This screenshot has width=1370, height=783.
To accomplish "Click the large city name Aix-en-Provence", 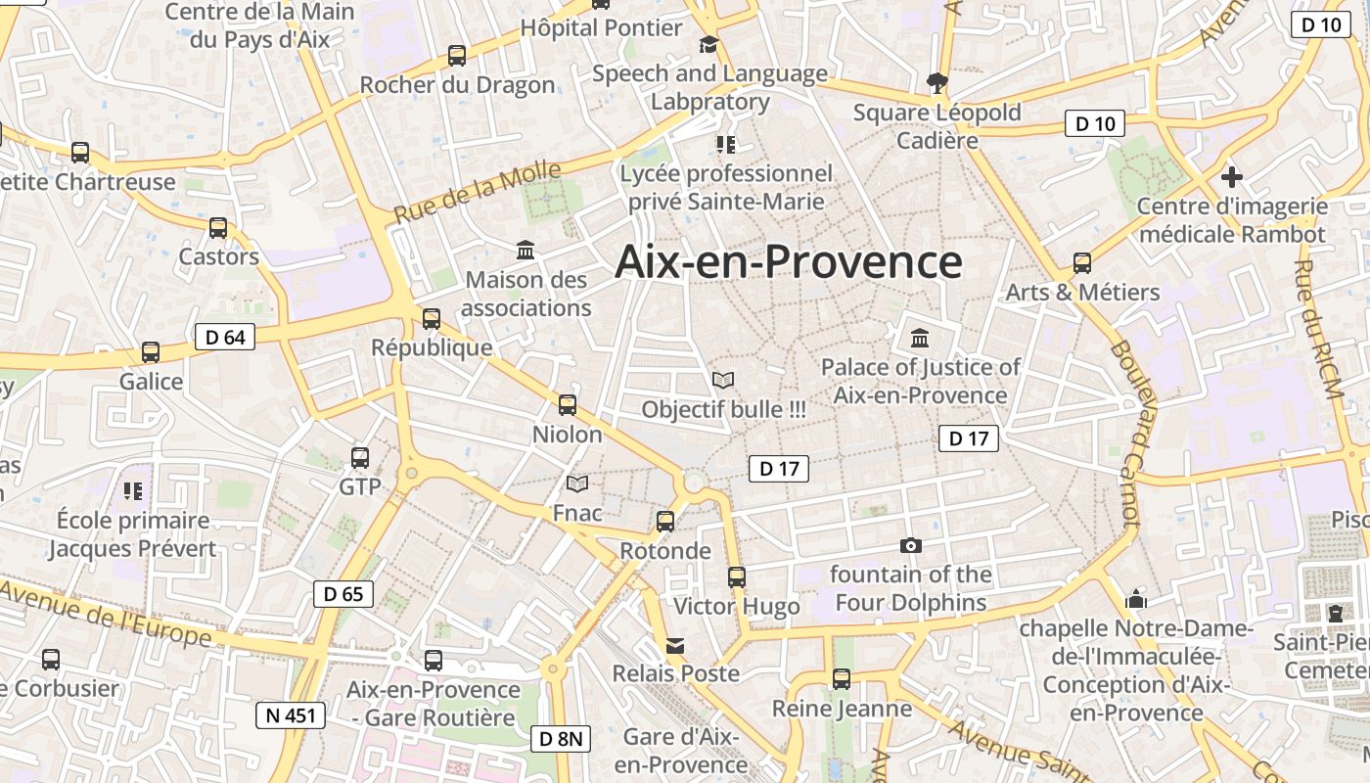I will pyautogui.click(x=789, y=262).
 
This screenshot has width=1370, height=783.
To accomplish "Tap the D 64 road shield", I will pyautogui.click(x=225, y=338).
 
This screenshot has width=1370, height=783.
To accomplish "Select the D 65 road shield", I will pyautogui.click(x=343, y=593).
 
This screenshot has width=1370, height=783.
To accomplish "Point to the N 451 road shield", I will pyautogui.click(x=292, y=715).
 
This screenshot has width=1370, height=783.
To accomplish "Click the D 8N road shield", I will pyautogui.click(x=562, y=739).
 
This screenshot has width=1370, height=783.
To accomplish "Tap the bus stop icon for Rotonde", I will pyautogui.click(x=665, y=522).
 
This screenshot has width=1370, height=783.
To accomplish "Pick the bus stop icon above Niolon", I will pyautogui.click(x=568, y=404).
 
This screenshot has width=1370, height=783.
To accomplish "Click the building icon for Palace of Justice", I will pyautogui.click(x=920, y=339).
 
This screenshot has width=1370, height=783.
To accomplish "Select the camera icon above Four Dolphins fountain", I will pyautogui.click(x=911, y=546).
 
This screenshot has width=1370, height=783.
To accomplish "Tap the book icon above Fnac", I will pyautogui.click(x=577, y=484).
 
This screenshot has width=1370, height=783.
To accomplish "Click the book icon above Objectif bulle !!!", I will pyautogui.click(x=723, y=380).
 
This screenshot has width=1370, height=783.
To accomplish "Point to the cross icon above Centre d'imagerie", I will pyautogui.click(x=1232, y=177).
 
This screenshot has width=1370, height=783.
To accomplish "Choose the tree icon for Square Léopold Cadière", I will pyautogui.click(x=937, y=82).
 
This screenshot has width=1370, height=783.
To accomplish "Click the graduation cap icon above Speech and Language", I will pyautogui.click(x=708, y=44).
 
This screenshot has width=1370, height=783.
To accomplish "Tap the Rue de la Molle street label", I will pyautogui.click(x=478, y=193).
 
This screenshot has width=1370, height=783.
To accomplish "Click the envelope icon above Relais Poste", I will pyautogui.click(x=675, y=645).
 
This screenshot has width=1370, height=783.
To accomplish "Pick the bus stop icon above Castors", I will pyautogui.click(x=218, y=228).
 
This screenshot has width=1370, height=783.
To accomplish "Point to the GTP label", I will pyautogui.click(x=359, y=486).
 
